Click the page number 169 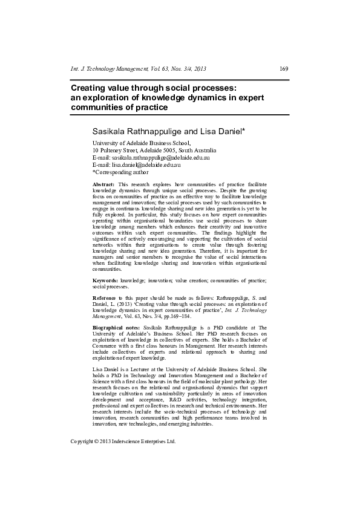tap(284, 69)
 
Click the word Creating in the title tap(91, 88)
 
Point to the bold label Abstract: tap(103, 184)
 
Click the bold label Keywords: tap(106, 281)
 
